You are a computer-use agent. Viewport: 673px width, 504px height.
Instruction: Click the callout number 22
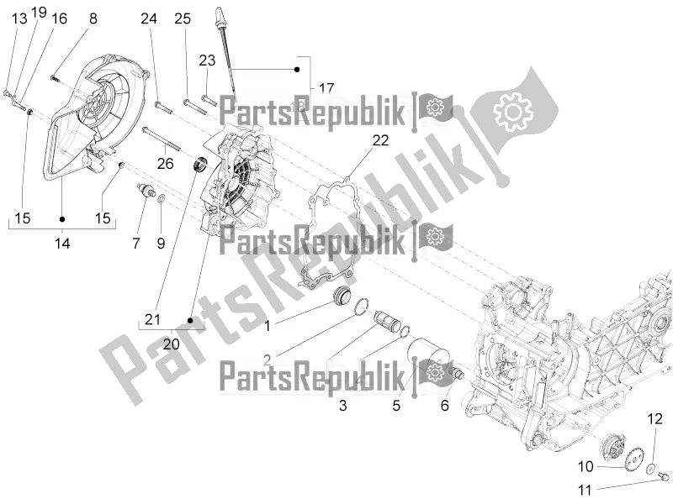[358, 141]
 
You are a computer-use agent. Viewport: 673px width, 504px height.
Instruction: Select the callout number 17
[326, 87]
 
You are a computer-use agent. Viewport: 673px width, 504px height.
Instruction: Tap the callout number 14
[62, 244]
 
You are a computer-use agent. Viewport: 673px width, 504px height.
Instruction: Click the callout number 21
[151, 319]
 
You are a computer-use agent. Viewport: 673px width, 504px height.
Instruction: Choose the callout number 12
[654, 418]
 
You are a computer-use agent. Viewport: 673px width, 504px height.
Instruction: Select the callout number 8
[93, 18]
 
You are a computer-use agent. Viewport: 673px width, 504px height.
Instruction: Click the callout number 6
[443, 404]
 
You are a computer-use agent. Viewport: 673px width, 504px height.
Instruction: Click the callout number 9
[161, 244]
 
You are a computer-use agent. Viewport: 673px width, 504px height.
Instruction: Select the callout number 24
[149, 18]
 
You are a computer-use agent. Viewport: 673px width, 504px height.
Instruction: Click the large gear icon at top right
[516, 111]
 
